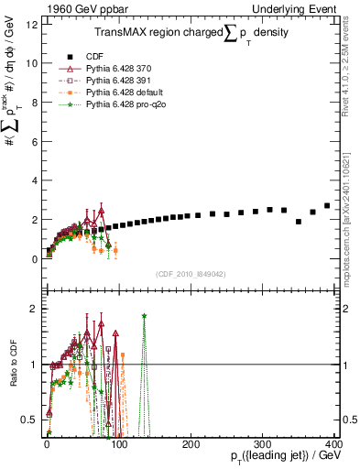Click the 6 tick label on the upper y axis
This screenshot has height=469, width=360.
pyautogui.click(x=35, y=141)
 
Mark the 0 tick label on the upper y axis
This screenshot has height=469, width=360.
pyautogui.click(x=35, y=259)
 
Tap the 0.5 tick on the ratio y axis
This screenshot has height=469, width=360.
pyautogui.click(x=30, y=420)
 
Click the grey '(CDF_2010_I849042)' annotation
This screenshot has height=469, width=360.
pyautogui.click(x=190, y=272)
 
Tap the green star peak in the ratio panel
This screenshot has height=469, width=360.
pyautogui.click(x=144, y=316)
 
